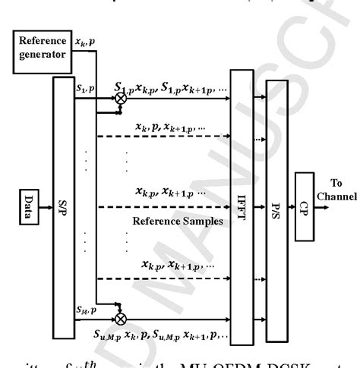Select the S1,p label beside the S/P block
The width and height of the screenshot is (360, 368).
pyautogui.click(x=85, y=89)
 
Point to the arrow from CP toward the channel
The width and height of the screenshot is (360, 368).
pyautogui.click(x=327, y=205)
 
